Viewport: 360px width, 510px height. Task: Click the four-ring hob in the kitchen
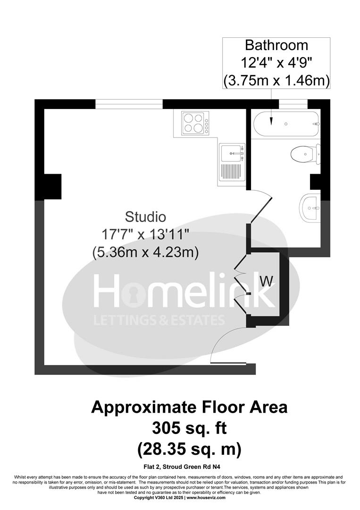point(194,122)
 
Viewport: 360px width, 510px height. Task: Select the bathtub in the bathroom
point(286,124)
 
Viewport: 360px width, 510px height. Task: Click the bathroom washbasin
point(310,207)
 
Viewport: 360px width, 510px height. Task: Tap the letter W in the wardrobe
point(267,281)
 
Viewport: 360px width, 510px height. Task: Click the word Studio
point(145,217)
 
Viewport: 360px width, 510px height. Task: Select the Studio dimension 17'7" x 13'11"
point(145,234)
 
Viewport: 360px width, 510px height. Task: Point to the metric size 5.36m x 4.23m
point(145,252)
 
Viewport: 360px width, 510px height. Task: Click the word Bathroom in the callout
point(276,46)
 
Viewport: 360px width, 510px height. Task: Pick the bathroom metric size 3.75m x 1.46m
point(276,81)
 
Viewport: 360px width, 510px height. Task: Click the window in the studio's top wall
point(129,104)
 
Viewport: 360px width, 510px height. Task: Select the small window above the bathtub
point(293,104)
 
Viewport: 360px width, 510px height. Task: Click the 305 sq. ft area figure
point(189,428)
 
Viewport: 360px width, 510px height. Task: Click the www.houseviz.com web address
point(206,498)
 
